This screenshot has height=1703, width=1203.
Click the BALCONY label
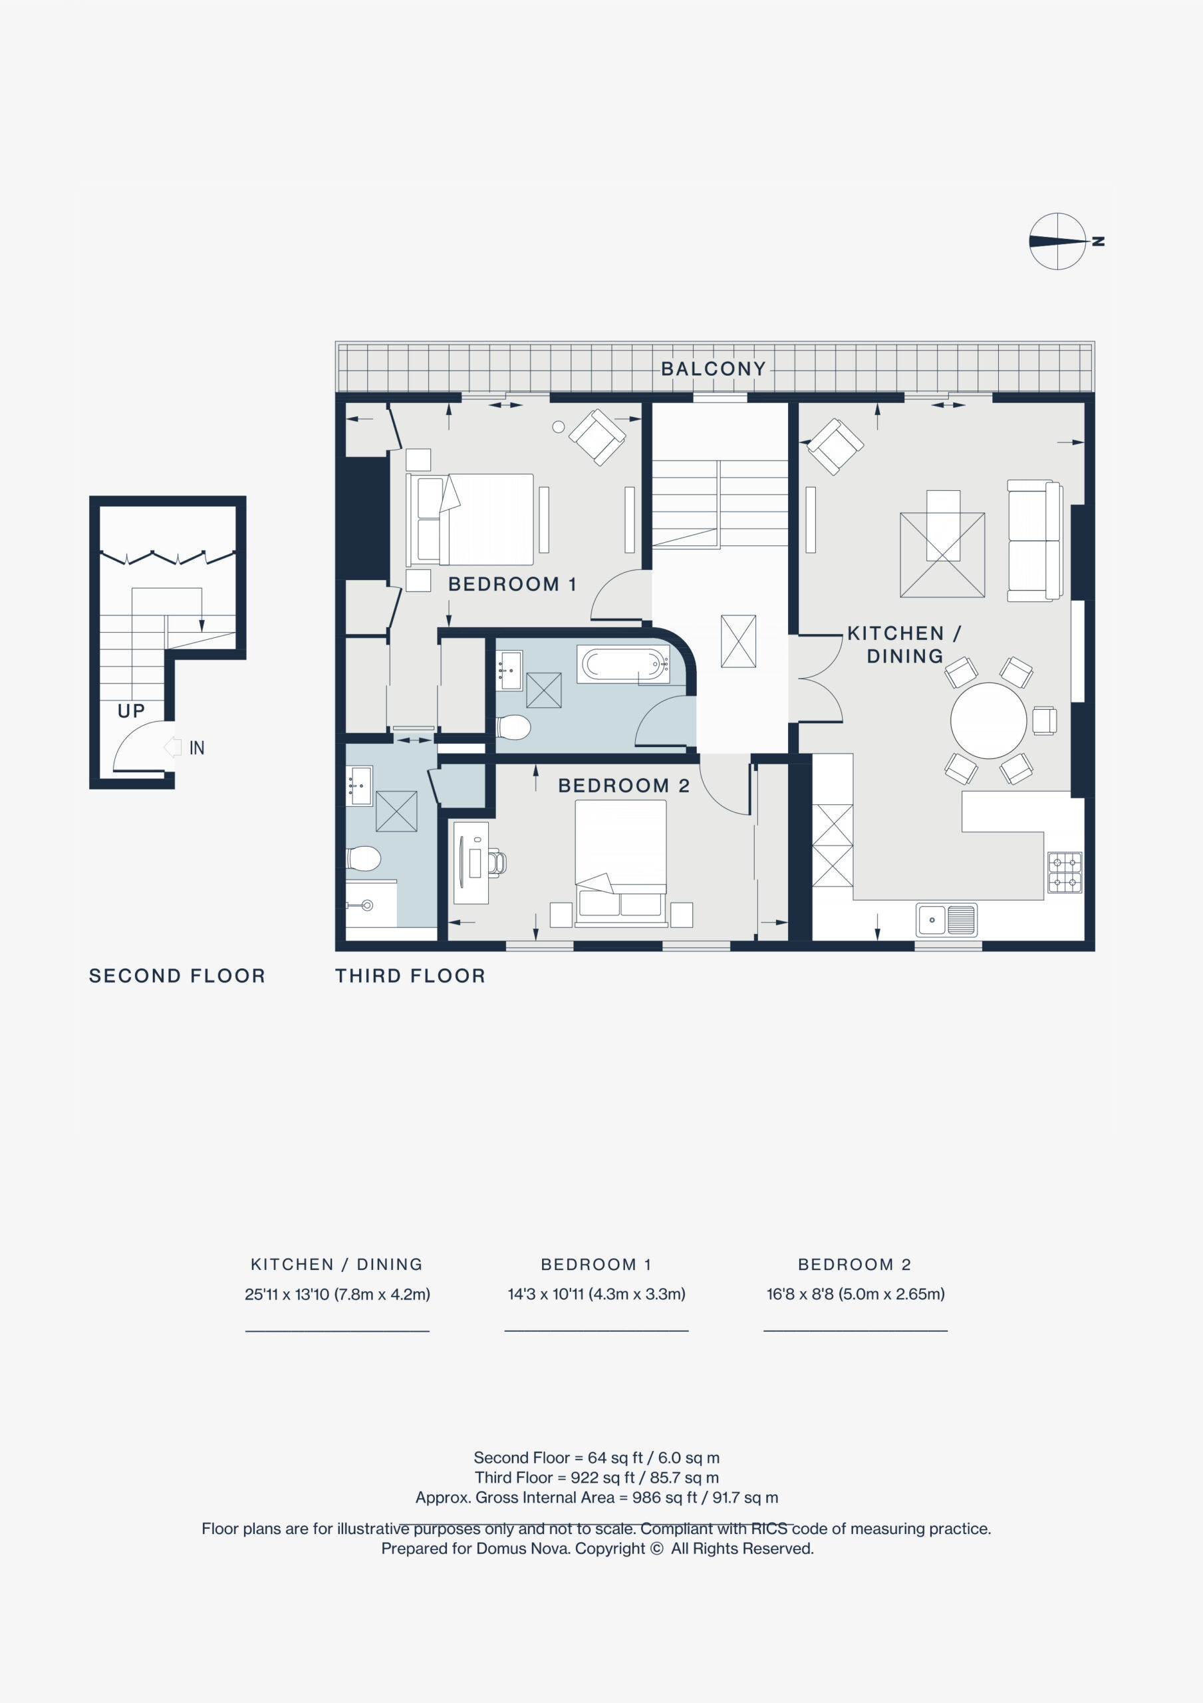tap(713, 369)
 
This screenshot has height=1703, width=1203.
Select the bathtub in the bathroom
tap(623, 664)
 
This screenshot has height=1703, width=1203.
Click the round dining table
tap(988, 720)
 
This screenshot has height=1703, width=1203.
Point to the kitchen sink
tap(946, 920)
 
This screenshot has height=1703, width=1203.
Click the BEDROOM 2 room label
tap(624, 786)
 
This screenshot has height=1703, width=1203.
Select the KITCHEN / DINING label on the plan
tap(904, 645)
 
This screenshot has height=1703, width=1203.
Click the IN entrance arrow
tap(172, 747)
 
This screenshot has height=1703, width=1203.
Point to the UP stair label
tap(131, 711)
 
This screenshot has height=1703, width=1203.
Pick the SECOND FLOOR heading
tap(176, 976)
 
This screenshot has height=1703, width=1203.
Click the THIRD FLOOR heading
tap(410, 976)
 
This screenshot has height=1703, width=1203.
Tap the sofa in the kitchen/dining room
tap(1035, 541)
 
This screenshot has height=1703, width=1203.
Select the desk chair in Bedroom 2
tap(496, 863)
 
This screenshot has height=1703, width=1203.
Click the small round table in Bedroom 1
tap(559, 426)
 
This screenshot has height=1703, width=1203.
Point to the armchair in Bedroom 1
tap(597, 437)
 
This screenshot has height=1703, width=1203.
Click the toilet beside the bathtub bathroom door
tap(513, 727)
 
